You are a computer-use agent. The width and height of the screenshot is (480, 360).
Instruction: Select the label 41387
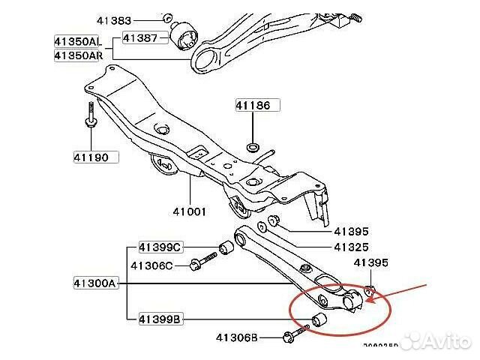(140, 37)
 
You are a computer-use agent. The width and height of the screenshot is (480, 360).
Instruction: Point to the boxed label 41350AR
(77, 55)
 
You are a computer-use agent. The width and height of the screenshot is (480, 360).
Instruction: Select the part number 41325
(351, 247)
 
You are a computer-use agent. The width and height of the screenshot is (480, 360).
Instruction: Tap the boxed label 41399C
(160, 247)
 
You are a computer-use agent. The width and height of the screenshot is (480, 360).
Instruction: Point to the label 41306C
(151, 265)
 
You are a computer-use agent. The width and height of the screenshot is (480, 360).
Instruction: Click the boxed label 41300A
(96, 284)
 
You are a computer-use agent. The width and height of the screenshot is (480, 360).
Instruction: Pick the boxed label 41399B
(160, 319)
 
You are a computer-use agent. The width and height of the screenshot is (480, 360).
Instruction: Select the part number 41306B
(233, 338)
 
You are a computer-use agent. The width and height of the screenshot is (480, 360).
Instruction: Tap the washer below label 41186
(253, 142)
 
